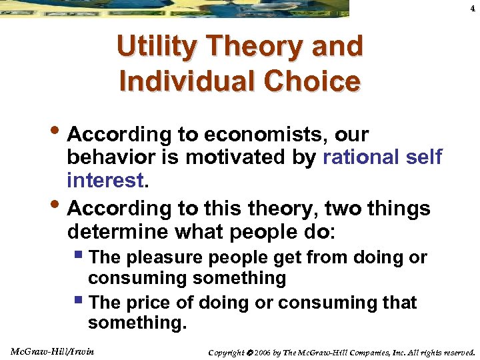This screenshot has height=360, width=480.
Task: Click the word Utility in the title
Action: click(158, 47)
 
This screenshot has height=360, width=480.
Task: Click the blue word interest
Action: click(105, 180)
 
